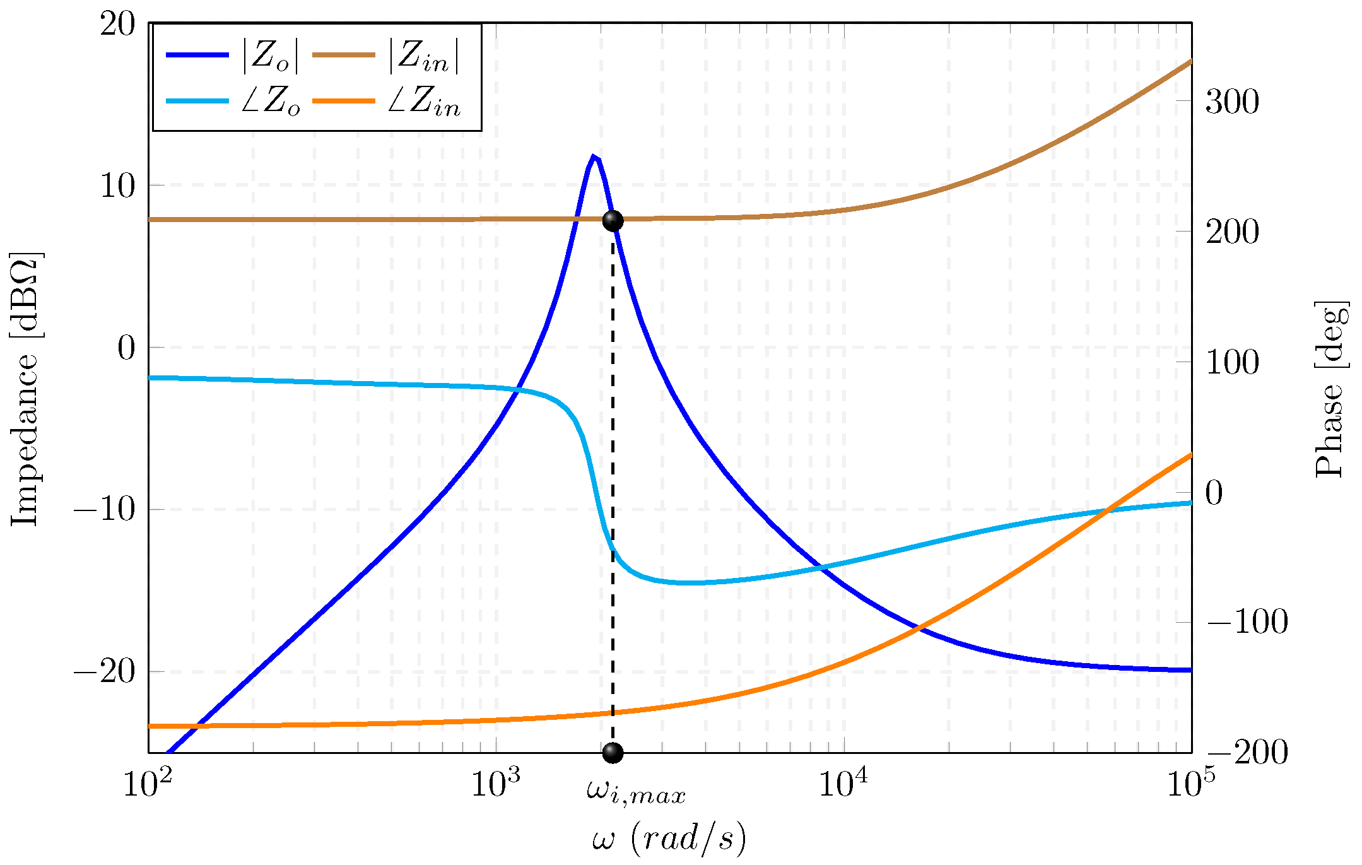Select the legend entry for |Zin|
coord(385,56)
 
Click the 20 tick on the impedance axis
coord(118,25)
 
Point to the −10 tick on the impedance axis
coord(105,510)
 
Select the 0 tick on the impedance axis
coord(126,348)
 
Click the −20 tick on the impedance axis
coord(105,672)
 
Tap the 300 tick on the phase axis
coord(1232,102)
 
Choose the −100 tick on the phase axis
coord(1247,623)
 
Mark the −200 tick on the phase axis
coord(1247,752)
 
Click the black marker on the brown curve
coord(613,221)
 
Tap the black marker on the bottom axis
coord(613,753)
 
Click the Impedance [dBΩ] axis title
coord(25,389)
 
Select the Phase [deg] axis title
coord(1331,389)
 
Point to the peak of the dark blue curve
coord(593,156)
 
